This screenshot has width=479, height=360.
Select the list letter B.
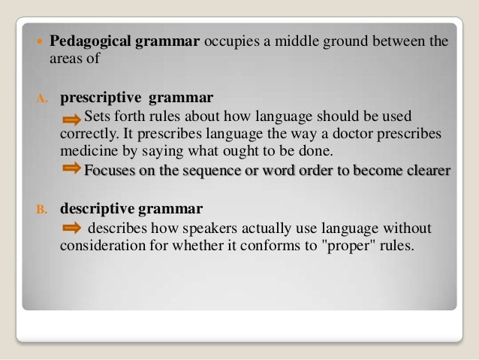43,207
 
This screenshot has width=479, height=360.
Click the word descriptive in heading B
97,207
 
